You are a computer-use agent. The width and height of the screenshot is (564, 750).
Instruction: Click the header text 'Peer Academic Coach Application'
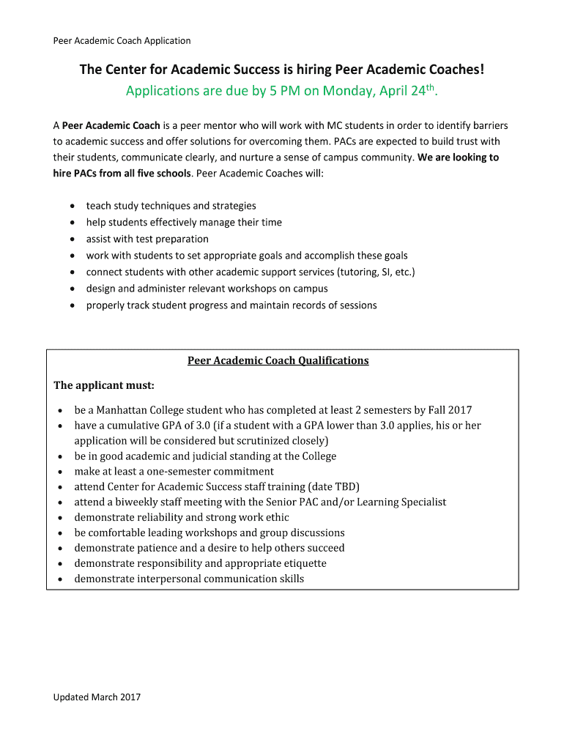122,41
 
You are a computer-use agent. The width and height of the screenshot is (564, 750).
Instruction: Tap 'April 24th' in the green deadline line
409,92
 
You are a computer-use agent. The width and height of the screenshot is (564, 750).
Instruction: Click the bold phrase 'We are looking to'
458,157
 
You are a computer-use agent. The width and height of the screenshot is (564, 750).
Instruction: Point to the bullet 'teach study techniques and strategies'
171,206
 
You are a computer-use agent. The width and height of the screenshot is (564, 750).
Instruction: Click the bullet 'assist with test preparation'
147,239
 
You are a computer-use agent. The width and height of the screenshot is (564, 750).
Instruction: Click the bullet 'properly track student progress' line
231,305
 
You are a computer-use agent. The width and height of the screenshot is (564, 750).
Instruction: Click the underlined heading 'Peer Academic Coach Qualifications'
278,360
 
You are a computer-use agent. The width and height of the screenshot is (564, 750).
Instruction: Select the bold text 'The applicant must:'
104,385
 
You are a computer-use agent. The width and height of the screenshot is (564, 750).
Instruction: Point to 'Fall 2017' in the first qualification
448,410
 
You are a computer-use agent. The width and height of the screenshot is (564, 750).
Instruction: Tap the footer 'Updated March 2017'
97,697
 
